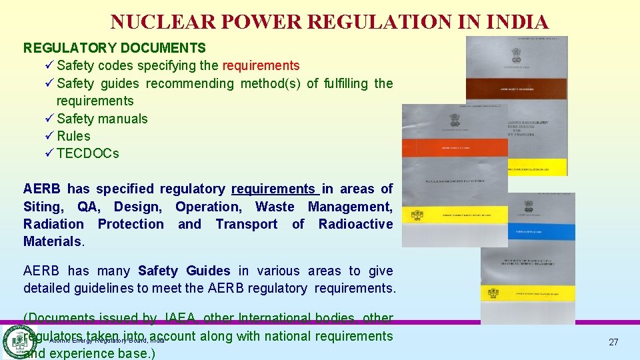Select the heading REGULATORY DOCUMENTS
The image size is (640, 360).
[x=115, y=48]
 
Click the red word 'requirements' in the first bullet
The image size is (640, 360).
[x=261, y=66]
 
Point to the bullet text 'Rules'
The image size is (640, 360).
[x=73, y=136]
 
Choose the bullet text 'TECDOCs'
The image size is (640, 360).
[x=88, y=153]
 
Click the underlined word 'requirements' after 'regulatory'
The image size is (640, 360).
[x=273, y=189]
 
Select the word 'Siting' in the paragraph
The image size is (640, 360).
[x=43, y=207]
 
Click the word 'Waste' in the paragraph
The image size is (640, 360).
[x=274, y=207]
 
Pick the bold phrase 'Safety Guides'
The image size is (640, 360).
[x=183, y=271]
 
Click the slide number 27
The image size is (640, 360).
[x=613, y=342]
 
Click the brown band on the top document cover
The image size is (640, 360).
[x=516, y=89]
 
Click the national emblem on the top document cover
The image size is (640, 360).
[x=516, y=54]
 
